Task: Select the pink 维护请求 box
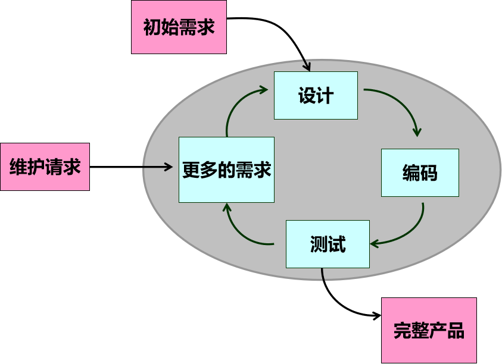(45, 167)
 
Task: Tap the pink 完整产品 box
(429, 330)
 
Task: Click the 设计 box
(316, 95)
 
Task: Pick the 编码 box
(420, 172)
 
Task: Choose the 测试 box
(328, 244)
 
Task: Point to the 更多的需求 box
(226, 170)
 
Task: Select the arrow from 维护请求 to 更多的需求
(131, 167)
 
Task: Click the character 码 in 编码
(429, 172)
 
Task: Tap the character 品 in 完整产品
(455, 331)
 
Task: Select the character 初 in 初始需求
(152, 27)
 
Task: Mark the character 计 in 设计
(325, 96)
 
